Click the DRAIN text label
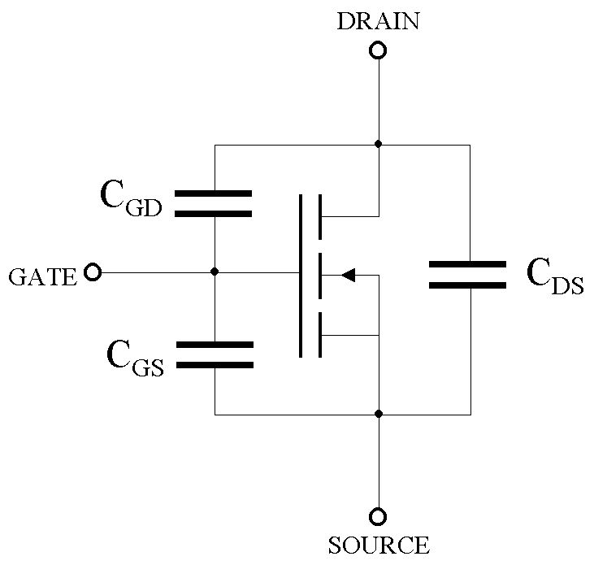click(x=378, y=21)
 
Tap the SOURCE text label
click(x=378, y=544)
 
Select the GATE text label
click(x=42, y=277)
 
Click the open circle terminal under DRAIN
click(x=378, y=51)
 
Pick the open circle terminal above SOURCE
click(x=378, y=516)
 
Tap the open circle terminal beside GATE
click(x=93, y=272)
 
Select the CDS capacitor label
click(x=555, y=276)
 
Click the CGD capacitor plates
click(x=214, y=204)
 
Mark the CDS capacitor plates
click(x=467, y=276)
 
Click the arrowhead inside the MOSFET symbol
click(x=348, y=276)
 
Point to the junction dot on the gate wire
click(x=214, y=272)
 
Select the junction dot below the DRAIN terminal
click(x=378, y=144)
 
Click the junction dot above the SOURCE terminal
click(x=378, y=414)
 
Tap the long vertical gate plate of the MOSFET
click(x=301, y=276)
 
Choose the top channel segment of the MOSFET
click(x=320, y=216)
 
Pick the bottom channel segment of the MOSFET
click(x=320, y=335)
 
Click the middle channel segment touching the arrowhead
click(x=320, y=276)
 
